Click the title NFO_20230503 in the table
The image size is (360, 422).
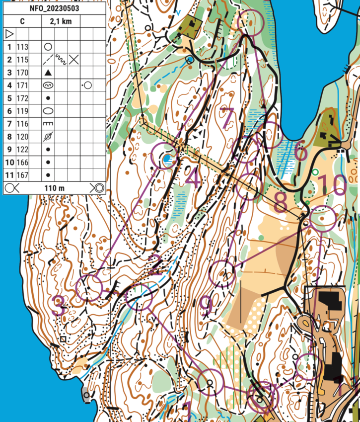pos(54,8)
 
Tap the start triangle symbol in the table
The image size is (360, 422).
pos(9,34)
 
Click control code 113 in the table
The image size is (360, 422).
pos(22,47)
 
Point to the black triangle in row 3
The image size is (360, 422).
pos(48,73)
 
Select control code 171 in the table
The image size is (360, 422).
pos(22,85)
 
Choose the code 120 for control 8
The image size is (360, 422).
pos(22,137)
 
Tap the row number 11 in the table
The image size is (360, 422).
pos(9,175)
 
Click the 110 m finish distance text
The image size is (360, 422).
pos(54,188)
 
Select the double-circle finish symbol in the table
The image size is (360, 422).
pos(97,188)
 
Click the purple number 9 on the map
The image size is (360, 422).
pos(206,307)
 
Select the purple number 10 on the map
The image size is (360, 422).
pos(332,185)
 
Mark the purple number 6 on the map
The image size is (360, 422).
pos(300,152)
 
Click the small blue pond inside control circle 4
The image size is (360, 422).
pos(167,159)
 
